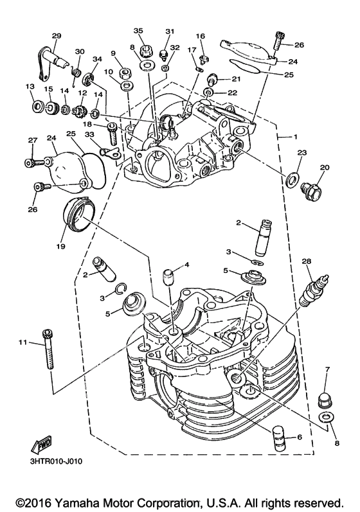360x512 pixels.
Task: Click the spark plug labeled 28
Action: coord(314,288)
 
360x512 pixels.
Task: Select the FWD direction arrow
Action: coord(42,443)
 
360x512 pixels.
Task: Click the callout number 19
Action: coord(61,246)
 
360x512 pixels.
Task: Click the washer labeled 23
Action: coord(291,179)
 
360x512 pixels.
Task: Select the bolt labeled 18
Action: coord(112,133)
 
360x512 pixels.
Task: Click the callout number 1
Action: coord(295,137)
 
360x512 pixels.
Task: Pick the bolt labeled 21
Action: coord(213,78)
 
